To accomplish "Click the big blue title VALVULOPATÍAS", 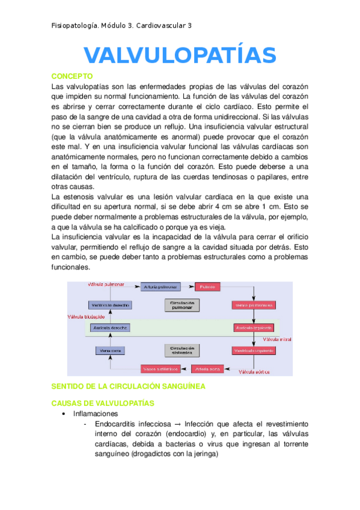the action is click(180, 55).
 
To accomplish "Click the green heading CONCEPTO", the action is click(72, 76).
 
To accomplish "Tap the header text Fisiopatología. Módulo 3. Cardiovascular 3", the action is click(122, 26).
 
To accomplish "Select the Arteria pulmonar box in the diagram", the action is click(160, 288).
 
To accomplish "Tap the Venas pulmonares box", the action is click(253, 306).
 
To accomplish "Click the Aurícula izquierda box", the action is click(253, 328).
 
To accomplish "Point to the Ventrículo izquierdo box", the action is click(253, 350).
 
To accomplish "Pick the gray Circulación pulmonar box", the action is click(181, 305).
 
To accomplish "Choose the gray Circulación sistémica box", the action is click(181, 349).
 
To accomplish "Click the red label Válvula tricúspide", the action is click(86, 316).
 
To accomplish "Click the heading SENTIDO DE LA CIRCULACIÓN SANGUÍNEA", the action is click(129, 386).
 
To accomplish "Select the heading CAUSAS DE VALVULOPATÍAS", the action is click(103, 402).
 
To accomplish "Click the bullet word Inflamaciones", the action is click(96, 414).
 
